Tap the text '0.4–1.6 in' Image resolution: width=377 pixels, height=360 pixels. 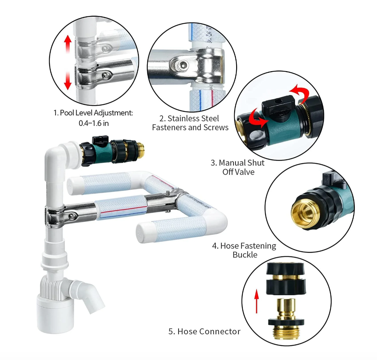tap(94, 123)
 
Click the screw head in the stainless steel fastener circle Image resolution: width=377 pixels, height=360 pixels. tap(183, 64)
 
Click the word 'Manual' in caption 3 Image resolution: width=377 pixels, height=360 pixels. tap(232, 163)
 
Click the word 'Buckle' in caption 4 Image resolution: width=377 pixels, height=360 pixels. tap(245, 255)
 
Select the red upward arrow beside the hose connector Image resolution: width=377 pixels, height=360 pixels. tap(257, 301)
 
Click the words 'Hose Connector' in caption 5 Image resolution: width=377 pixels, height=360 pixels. tap(209, 331)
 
